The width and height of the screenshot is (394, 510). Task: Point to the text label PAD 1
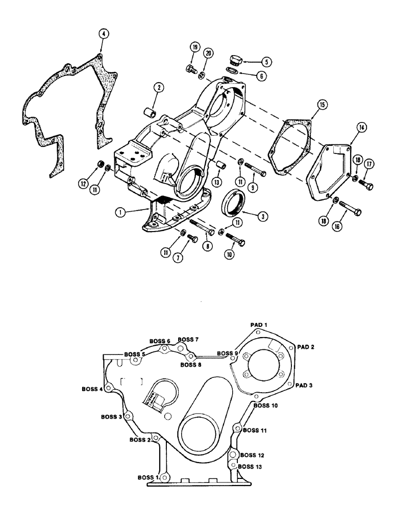tap(259, 324)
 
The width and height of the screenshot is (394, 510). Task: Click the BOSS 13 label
tap(251, 466)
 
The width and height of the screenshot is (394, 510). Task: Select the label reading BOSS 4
tap(92, 389)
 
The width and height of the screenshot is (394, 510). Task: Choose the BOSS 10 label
tap(265, 405)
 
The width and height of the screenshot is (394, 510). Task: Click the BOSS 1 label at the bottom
tap(149, 477)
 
